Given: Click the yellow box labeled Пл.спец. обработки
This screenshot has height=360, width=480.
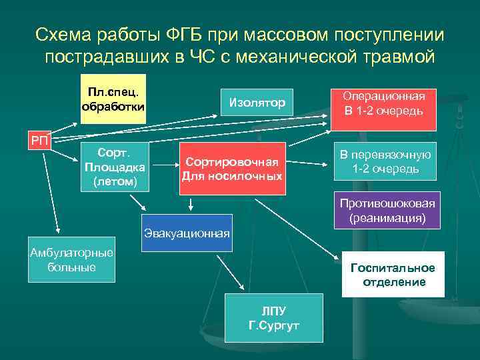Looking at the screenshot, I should coord(113,98).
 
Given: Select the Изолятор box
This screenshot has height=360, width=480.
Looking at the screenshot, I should coord(257,103).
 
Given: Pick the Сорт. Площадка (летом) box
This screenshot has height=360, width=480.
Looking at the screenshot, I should coord(113,167).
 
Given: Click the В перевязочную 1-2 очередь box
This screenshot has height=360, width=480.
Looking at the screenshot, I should coord(385,162).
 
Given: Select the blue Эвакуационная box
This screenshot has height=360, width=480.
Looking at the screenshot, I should coord(187,233).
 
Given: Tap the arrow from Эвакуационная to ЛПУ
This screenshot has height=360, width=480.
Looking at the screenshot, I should coord(227,270).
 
